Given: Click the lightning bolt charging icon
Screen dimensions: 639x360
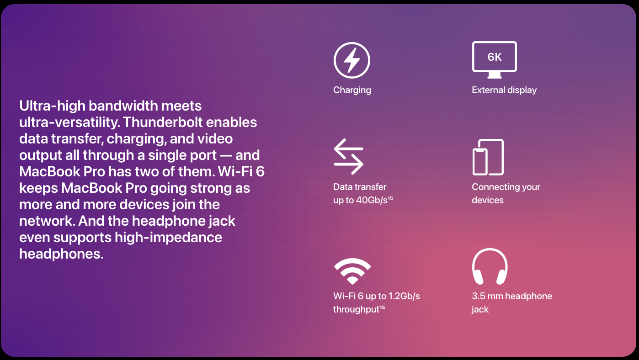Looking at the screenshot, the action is (x=352, y=60).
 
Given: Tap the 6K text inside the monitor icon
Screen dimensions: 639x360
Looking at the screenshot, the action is (x=495, y=57).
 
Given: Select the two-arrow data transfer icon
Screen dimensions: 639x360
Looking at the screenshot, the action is (x=348, y=157).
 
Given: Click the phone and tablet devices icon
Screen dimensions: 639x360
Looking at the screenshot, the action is (x=488, y=157).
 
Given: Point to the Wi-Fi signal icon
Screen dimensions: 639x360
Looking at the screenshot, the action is (x=352, y=271).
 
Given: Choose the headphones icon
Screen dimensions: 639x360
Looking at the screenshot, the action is (x=490, y=266).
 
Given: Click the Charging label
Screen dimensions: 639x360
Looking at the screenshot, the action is (x=352, y=90).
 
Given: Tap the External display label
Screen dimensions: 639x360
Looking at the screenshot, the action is (x=504, y=90).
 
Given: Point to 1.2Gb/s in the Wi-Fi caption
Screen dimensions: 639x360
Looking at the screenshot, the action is (x=404, y=296).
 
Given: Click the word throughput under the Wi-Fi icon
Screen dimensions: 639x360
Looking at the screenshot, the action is (x=357, y=310).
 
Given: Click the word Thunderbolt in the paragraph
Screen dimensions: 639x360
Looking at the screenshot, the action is (x=163, y=122).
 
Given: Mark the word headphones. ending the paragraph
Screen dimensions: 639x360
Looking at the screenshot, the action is (x=61, y=254).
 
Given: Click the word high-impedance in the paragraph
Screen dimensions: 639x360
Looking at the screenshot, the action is (x=168, y=238).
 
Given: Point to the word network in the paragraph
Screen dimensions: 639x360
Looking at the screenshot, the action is (x=47, y=221).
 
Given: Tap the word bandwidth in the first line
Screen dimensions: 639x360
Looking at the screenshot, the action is (x=123, y=106).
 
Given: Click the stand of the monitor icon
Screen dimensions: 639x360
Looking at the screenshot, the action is (x=495, y=75).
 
